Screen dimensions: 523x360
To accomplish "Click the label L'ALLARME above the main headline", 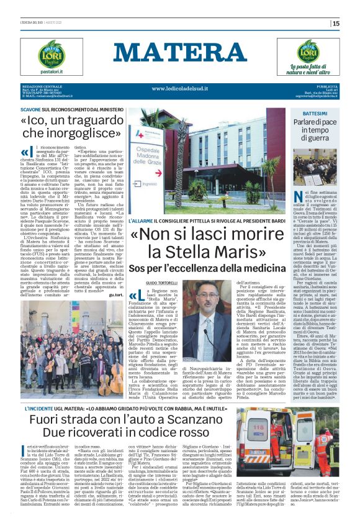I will (142, 221).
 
